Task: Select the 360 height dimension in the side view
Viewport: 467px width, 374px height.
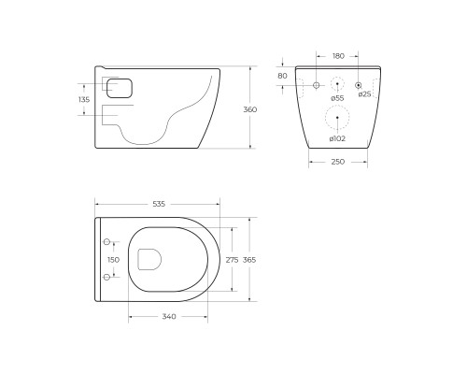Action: click(x=249, y=109)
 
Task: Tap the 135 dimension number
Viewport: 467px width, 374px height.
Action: click(x=85, y=98)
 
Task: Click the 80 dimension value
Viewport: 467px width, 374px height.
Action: click(x=283, y=76)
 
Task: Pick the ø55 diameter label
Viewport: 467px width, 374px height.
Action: click(x=337, y=98)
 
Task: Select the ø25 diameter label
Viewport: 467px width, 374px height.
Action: click(x=364, y=95)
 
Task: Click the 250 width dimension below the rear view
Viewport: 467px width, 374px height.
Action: click(x=337, y=163)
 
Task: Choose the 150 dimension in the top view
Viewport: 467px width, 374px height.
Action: click(x=113, y=260)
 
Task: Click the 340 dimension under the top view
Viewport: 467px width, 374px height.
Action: click(x=168, y=317)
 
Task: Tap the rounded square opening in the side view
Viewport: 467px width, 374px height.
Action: click(x=121, y=88)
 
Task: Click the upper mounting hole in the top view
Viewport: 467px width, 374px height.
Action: click(x=106, y=242)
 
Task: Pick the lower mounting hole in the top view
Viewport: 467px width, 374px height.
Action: click(x=106, y=278)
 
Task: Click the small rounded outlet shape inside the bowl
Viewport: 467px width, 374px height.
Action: click(x=148, y=260)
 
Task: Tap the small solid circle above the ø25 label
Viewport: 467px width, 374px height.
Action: click(x=358, y=85)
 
